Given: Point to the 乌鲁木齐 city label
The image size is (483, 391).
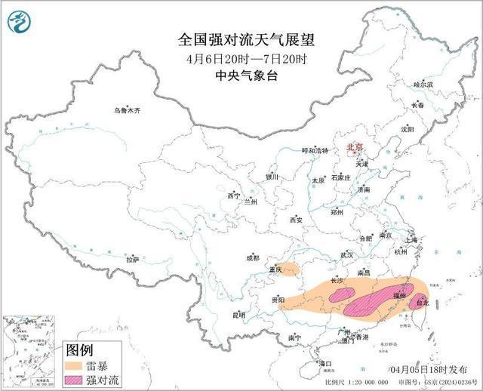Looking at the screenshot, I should (127, 110).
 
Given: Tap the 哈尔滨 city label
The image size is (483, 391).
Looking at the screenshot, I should (423, 85).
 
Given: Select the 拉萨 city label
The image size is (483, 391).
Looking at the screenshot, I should (133, 260).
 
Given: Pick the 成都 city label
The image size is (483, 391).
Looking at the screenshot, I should (252, 258).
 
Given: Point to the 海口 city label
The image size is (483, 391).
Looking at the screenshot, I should (325, 363).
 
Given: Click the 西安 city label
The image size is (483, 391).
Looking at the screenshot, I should (296, 220).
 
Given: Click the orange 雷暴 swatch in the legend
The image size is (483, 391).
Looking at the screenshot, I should (75, 365).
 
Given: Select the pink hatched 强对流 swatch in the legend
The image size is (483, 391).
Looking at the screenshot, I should (75, 379).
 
